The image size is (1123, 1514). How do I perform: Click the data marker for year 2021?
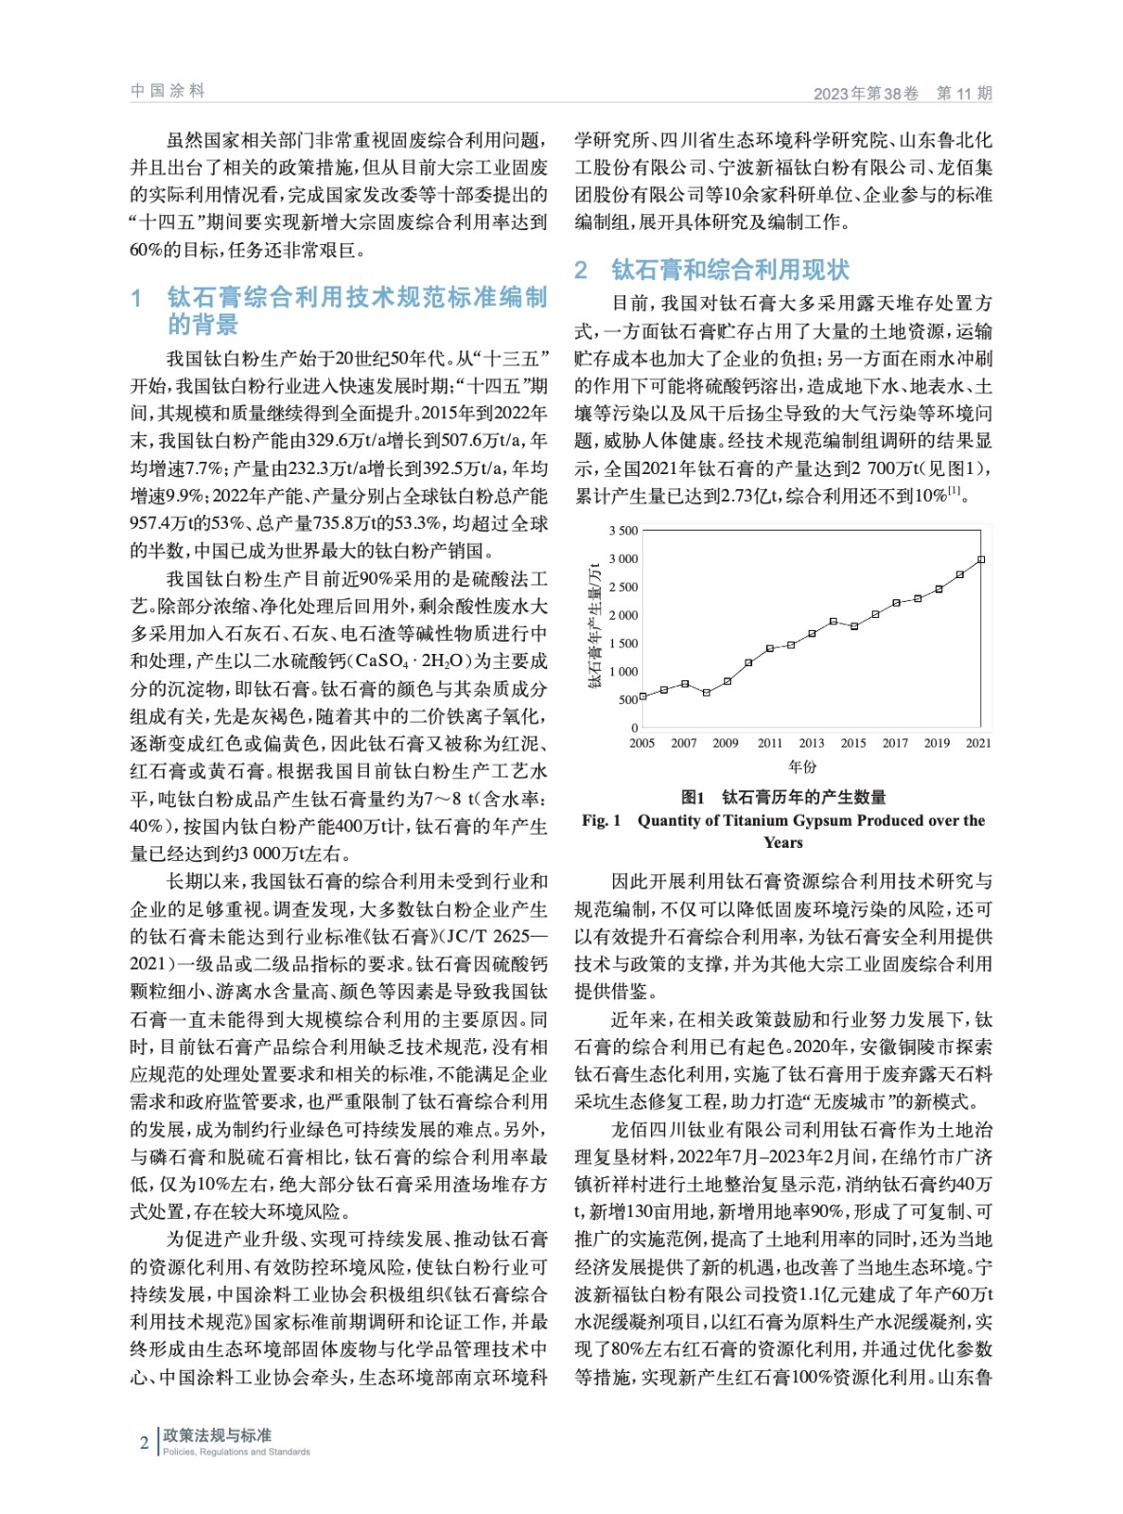tap(981, 559)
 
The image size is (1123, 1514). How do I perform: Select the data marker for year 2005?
tap(643, 696)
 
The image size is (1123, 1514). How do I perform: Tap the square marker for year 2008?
tap(706, 693)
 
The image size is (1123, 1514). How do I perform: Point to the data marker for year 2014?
tap(833, 622)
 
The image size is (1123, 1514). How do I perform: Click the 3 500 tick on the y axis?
tap(623, 531)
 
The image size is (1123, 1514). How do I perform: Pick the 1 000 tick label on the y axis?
tap(623, 672)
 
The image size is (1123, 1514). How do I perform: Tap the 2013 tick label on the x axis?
tap(812, 744)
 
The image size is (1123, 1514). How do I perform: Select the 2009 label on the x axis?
tap(726, 744)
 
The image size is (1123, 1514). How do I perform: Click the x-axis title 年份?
tap(802, 766)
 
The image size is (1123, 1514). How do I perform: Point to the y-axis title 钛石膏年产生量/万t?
tap(595, 625)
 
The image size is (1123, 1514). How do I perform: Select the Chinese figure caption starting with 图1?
tap(783, 797)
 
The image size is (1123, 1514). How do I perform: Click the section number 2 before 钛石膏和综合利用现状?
tap(581, 271)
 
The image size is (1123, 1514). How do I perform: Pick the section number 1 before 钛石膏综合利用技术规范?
tap(137, 298)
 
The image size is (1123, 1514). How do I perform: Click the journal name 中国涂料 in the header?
tap(167, 91)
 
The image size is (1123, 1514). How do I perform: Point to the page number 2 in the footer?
tap(144, 1443)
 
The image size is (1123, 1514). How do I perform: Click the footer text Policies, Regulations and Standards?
tap(237, 1452)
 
